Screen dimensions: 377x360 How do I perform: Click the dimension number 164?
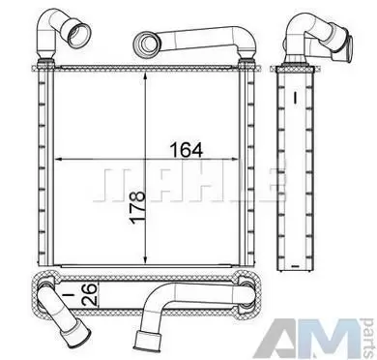(x=187, y=150)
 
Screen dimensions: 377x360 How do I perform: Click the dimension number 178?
(x=137, y=207)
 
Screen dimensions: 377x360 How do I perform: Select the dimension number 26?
(x=89, y=294)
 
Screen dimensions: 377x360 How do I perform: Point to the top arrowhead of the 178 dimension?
(x=146, y=77)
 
